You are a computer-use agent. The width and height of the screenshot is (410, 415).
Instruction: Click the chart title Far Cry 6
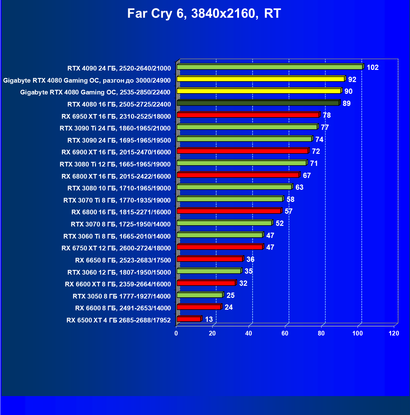tap(204, 14)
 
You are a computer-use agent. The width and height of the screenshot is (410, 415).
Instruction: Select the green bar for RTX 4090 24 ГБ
tap(269, 67)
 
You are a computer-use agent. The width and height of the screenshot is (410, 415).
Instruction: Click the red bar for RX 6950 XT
tap(248, 115)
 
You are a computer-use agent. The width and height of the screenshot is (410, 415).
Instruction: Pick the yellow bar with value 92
tap(260, 79)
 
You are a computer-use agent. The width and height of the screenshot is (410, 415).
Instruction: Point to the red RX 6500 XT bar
tap(189, 319)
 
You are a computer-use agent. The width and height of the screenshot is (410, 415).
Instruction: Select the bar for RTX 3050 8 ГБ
tap(200, 295)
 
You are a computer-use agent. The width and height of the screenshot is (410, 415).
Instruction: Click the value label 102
tap(372, 67)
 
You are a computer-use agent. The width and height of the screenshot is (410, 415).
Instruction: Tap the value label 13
tap(209, 319)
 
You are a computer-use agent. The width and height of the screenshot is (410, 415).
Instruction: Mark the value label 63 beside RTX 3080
tap(299, 187)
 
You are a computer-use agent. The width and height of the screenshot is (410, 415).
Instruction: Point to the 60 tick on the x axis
tap(285, 333)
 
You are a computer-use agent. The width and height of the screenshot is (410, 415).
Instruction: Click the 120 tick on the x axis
tap(394, 333)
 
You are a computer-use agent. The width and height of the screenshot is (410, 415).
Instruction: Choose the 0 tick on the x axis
tap(176, 333)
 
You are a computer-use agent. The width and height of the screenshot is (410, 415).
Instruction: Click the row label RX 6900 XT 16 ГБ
tap(116, 152)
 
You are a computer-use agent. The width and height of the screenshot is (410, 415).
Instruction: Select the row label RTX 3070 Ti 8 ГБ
tap(117, 200)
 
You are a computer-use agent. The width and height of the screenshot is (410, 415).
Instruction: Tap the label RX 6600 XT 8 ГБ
tap(118, 284)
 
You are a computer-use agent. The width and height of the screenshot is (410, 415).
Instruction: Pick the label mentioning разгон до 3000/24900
tap(87, 80)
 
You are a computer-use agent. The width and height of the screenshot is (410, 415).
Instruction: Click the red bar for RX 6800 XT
tap(238, 175)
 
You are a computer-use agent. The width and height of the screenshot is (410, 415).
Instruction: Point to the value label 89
tap(346, 103)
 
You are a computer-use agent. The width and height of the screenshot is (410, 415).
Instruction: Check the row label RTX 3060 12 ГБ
tap(119, 272)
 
